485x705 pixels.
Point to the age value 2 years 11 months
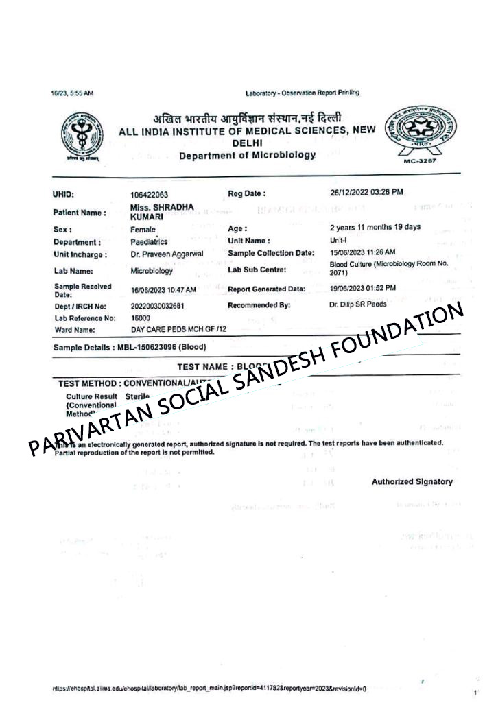point(375,227)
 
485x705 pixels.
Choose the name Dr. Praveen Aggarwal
point(166,254)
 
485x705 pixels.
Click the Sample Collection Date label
point(270,254)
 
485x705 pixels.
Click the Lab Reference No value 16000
point(140,318)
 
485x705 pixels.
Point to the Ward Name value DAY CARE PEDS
point(178,329)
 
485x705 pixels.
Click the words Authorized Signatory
point(412,481)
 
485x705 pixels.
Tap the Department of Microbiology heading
point(247,156)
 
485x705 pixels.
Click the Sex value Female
point(143,229)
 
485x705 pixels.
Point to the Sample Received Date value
point(163,289)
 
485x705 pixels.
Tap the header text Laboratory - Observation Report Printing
point(302,93)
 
